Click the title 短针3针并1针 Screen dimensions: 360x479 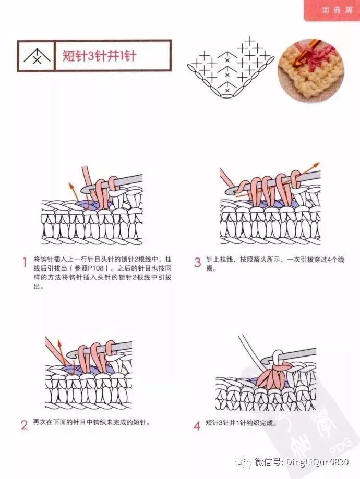tap(100, 56)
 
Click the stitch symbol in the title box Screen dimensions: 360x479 tap(37, 56)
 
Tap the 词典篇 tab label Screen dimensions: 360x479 tap(337, 10)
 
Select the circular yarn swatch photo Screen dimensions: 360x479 tap(311, 70)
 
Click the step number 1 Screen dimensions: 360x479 tap(25, 262)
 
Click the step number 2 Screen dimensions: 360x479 tap(24, 425)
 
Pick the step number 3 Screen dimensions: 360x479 tap(198, 263)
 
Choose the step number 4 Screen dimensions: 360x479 tap(197, 425)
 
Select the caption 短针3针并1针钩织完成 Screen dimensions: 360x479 tap(241, 423)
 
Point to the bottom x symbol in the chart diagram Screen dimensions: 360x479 tap(227, 90)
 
